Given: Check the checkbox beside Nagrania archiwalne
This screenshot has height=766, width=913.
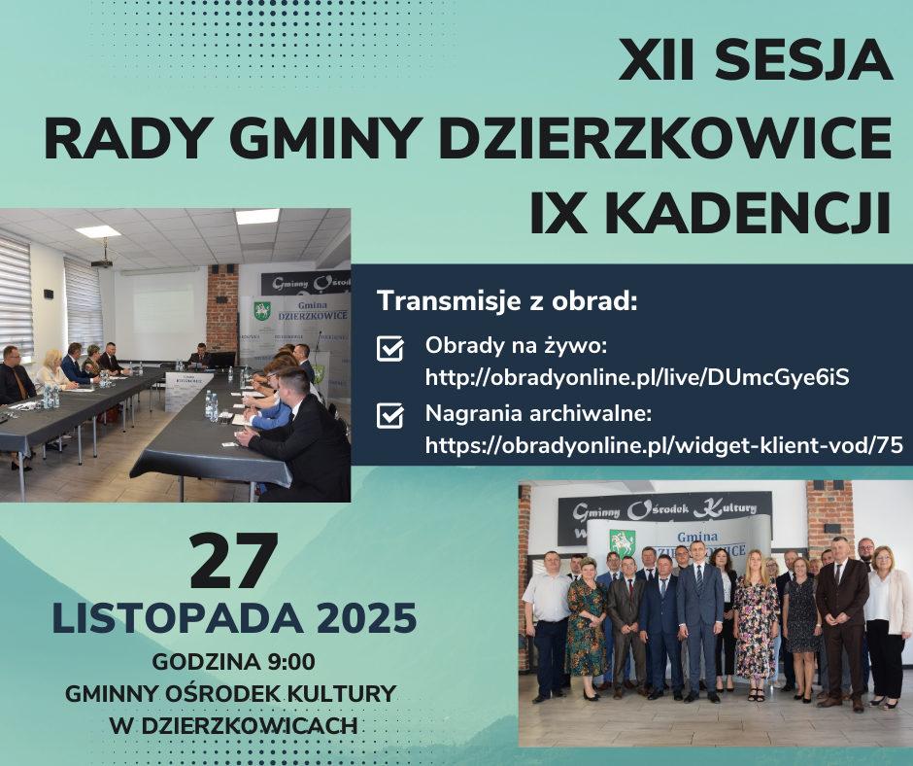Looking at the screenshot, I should click(x=389, y=416).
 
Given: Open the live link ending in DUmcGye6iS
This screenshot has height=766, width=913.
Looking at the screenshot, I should click(x=637, y=376).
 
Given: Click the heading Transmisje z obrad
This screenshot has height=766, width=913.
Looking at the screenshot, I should click(x=506, y=300).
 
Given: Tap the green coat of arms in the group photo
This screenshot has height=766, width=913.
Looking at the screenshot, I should click(x=622, y=541).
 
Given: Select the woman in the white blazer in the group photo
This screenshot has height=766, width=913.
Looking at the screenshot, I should click(x=886, y=621).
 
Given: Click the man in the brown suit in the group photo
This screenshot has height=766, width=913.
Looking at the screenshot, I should click(x=841, y=617).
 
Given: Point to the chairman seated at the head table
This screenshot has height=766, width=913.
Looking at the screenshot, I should click(x=200, y=356).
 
